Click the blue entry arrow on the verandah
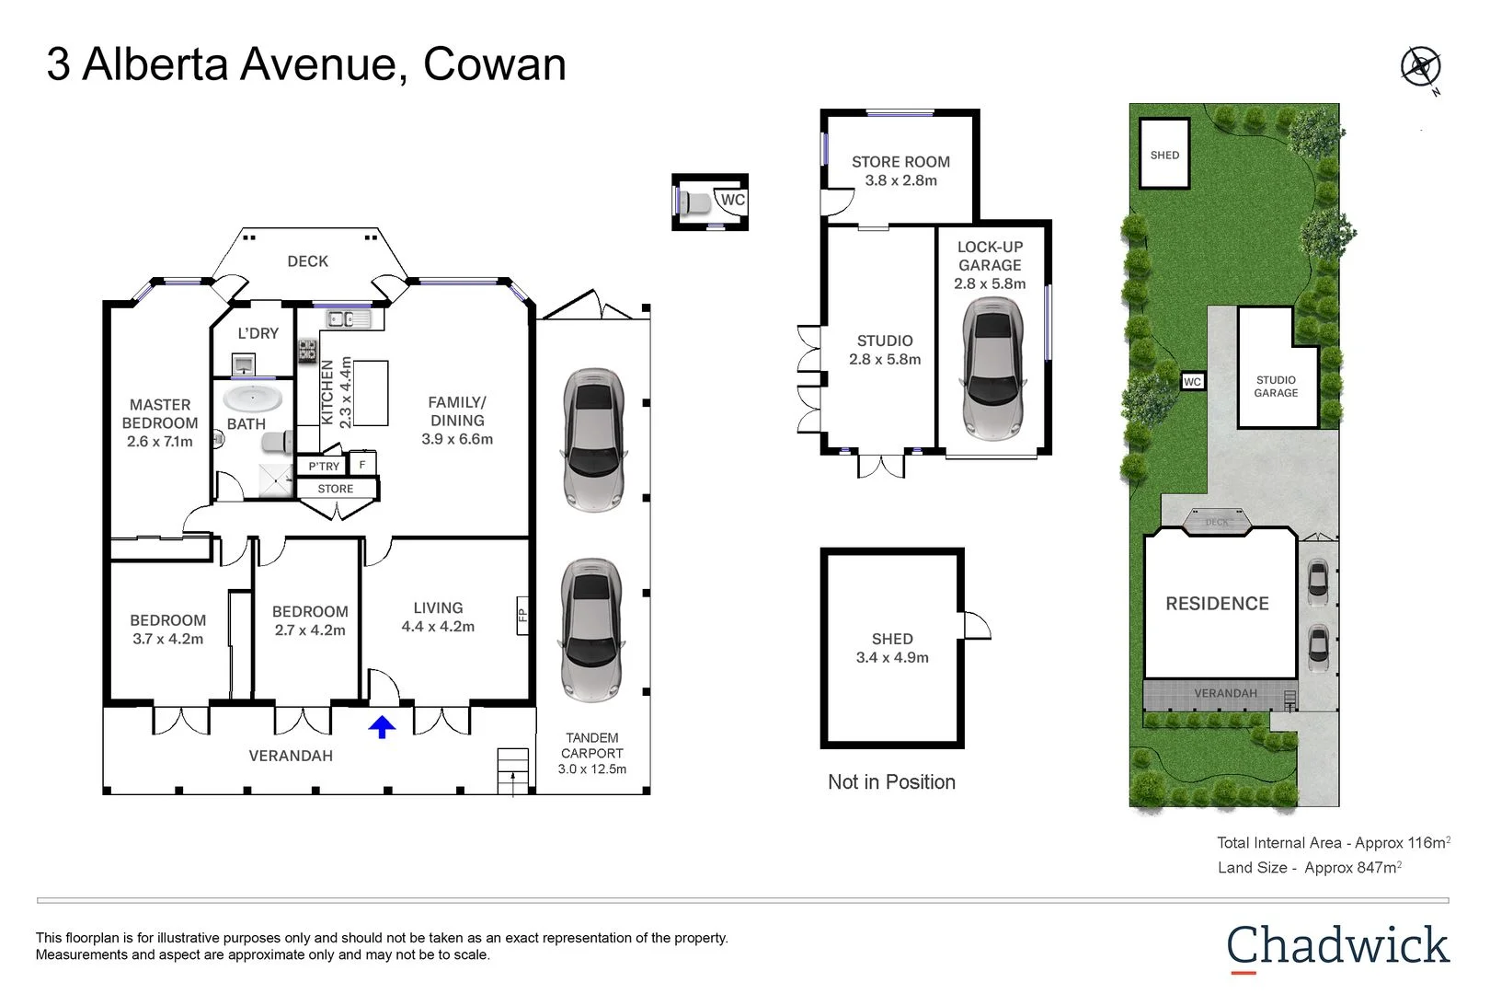click(x=382, y=727)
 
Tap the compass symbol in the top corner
click(x=1420, y=67)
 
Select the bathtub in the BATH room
click(x=253, y=399)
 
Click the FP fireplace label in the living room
click(x=522, y=615)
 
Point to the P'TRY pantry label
click(x=324, y=467)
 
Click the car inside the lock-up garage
click(x=991, y=369)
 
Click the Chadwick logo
click(x=1337, y=947)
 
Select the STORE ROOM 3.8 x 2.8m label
click(x=900, y=171)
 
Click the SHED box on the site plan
click(x=1164, y=155)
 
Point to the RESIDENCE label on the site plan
click(x=1217, y=604)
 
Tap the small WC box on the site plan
click(x=1192, y=381)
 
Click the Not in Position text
click(x=891, y=782)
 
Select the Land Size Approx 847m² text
click(x=1309, y=868)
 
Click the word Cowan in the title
click(x=494, y=64)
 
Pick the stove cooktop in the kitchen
click(x=307, y=351)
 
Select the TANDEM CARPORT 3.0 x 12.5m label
click(x=592, y=753)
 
